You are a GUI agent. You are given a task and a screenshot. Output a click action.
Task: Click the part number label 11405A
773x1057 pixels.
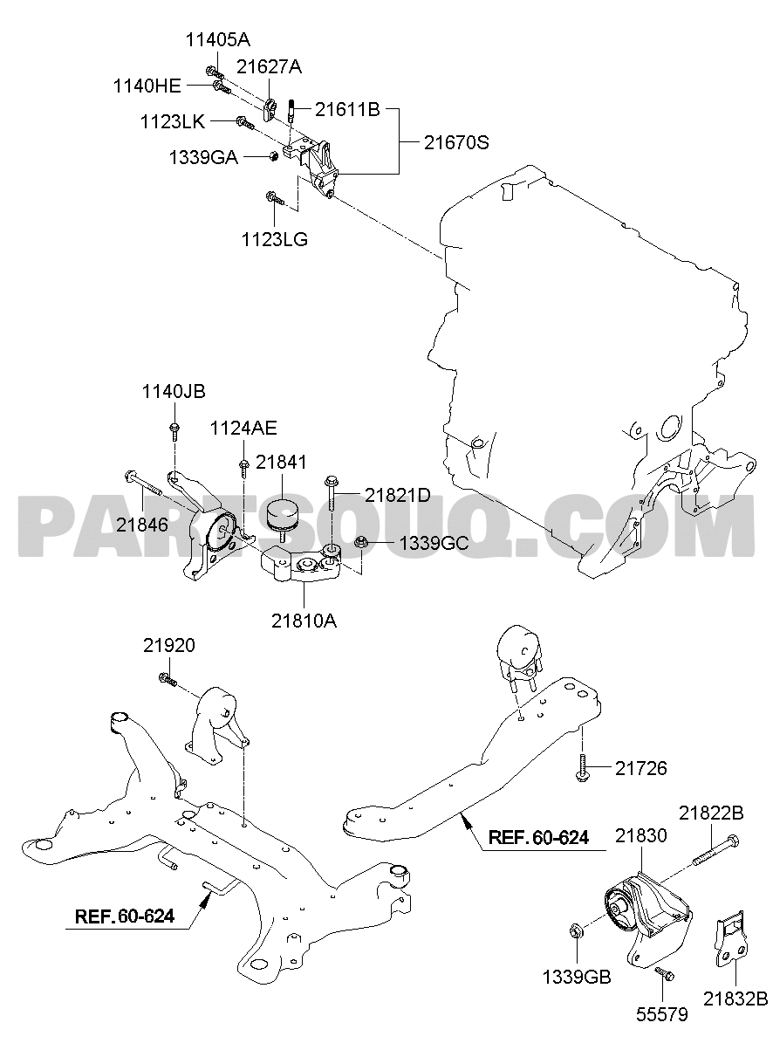point(217,40)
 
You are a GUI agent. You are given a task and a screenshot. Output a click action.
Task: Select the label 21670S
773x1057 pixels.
point(456,142)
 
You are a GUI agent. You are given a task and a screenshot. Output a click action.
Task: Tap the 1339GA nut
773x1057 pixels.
point(272,156)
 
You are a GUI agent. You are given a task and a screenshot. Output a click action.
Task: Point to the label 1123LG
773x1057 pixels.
point(275,240)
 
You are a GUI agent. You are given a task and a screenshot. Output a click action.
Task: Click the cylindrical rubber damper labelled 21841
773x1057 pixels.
point(283,518)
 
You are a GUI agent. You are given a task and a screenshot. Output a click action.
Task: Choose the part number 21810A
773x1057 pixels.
point(304,621)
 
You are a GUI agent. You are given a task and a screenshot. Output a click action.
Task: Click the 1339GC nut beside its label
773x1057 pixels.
point(361,542)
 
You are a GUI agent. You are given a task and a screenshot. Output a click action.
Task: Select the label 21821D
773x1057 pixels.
point(398,495)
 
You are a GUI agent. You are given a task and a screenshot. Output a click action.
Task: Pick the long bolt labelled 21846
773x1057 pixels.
point(143,484)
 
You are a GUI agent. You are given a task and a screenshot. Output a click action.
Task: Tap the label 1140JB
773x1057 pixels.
point(174,392)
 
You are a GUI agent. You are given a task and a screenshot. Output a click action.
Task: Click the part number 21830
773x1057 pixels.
point(641,835)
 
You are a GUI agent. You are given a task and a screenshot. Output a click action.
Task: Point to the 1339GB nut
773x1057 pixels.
point(575,931)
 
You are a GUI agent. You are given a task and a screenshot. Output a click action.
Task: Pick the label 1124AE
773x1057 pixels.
point(243,429)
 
